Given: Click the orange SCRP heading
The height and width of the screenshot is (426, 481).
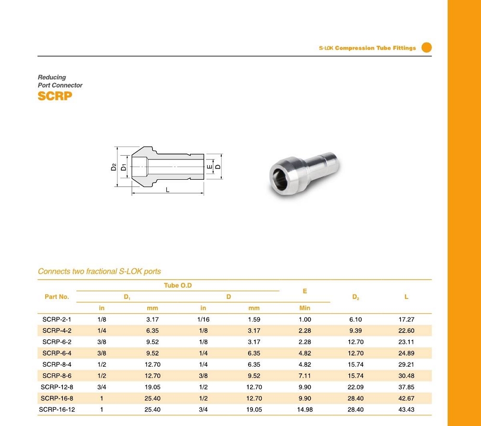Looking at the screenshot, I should [55, 96].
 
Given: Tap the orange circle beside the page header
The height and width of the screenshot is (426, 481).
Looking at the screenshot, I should [427, 47].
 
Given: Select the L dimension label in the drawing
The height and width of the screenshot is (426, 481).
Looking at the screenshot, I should [167, 190].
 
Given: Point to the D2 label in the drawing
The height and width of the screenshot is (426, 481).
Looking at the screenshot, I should [114, 167].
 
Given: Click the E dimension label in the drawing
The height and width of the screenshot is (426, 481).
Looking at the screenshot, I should [210, 167].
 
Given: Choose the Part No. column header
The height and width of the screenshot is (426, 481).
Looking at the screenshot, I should [57, 297].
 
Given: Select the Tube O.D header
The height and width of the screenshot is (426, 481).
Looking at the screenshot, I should [178, 286].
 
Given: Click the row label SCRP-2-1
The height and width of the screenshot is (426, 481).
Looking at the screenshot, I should [57, 319].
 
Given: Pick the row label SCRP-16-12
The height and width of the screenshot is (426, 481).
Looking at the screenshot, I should [57, 410].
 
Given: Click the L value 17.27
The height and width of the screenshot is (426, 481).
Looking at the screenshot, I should [406, 319].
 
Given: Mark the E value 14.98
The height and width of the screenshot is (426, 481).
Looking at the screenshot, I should [304, 410].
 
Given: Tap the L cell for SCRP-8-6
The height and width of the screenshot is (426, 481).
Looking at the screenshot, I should [406, 376].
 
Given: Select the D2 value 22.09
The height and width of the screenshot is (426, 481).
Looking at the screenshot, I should [355, 387].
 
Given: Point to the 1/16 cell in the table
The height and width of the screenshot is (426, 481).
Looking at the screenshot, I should [203, 319].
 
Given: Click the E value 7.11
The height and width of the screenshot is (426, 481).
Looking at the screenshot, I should [304, 376].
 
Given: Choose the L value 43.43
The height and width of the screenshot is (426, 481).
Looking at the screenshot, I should [406, 410].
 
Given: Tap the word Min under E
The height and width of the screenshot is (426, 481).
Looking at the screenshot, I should [304, 308].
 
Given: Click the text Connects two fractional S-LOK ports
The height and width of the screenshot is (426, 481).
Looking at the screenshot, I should [100, 271].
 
